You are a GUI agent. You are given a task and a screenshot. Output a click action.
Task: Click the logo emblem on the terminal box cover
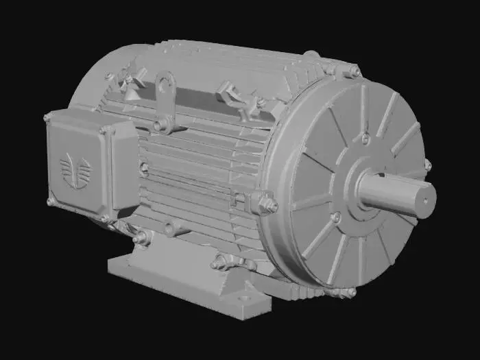[x=75, y=171]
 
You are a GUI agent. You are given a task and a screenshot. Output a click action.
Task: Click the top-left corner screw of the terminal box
[x=47, y=118]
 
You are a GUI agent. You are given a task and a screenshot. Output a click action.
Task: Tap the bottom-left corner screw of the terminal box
[x=50, y=202]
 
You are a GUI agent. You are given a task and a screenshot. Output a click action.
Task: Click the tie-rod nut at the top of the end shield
[x=354, y=71]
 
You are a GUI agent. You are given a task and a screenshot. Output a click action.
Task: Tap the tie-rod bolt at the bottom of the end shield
[x=350, y=292]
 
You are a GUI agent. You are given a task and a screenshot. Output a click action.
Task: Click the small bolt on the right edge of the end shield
[x=427, y=165]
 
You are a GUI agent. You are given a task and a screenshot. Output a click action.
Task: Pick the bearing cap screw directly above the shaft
[x=365, y=139]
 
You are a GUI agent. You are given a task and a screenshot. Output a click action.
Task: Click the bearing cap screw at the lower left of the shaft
[x=335, y=217]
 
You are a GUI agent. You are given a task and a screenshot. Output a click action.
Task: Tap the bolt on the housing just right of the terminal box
[x=143, y=167]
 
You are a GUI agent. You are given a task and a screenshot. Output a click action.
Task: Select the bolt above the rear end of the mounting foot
[x=143, y=237]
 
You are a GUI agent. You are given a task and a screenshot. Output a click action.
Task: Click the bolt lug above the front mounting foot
[x=223, y=261]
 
